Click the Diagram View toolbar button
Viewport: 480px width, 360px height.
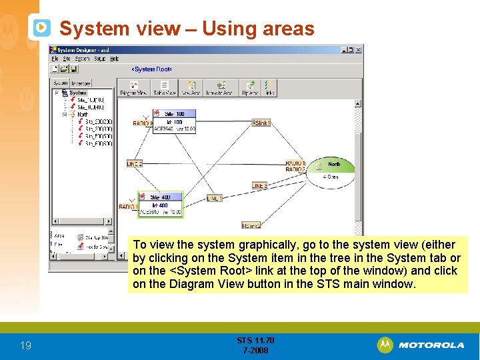pyautogui.click(x=133, y=88)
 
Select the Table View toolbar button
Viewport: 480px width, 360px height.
pyautogui.click(x=164, y=88)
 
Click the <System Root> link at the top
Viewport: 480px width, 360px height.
pyautogui.click(x=151, y=69)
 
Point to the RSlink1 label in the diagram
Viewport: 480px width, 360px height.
pyautogui.click(x=261, y=123)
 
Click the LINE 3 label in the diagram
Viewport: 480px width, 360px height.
pyautogui.click(x=259, y=185)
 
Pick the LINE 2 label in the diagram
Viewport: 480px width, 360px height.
pyautogui.click(x=135, y=163)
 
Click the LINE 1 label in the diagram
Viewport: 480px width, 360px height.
pyautogui.click(x=214, y=199)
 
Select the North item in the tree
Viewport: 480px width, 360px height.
pyautogui.click(x=82, y=114)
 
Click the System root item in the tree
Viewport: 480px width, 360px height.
pyautogui.click(x=77, y=93)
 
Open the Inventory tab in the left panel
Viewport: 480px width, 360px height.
pyautogui.click(x=81, y=83)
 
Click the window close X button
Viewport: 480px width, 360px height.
pyautogui.click(x=359, y=49)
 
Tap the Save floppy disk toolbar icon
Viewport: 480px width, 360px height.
pyautogui.click(x=75, y=69)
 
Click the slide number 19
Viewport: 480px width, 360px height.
pyautogui.click(x=25, y=345)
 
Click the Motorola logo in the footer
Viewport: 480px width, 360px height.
pyautogui.click(x=421, y=345)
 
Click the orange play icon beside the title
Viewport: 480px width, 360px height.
pyautogui.click(x=41, y=27)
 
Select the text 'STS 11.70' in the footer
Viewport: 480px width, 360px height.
pyautogui.click(x=255, y=341)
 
